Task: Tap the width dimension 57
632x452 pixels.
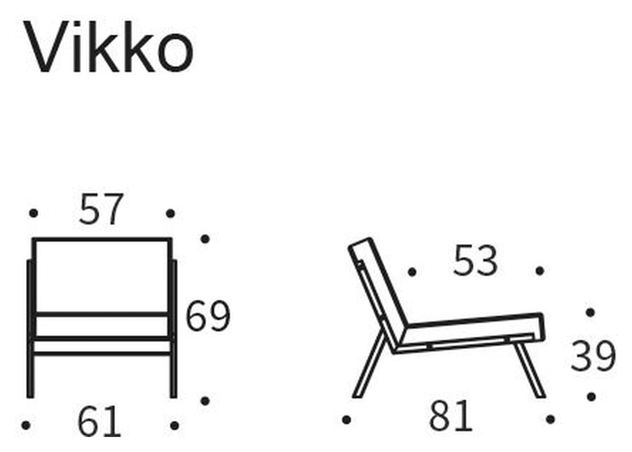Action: pyautogui.click(x=102, y=210)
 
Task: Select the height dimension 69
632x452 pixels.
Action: pyautogui.click(x=208, y=316)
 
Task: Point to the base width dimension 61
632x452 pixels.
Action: pyautogui.click(x=99, y=422)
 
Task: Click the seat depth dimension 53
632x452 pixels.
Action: pyautogui.click(x=475, y=261)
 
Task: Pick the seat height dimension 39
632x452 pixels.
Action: pyautogui.click(x=593, y=356)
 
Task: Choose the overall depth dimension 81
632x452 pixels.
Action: pyautogui.click(x=450, y=417)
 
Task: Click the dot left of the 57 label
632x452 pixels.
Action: pyautogui.click(x=33, y=213)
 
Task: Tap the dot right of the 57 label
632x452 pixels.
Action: pyautogui.click(x=170, y=213)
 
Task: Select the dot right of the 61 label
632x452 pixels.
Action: pyautogui.click(x=174, y=425)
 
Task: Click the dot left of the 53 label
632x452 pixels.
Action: pyautogui.click(x=412, y=272)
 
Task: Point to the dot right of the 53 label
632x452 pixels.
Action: pyautogui.click(x=540, y=271)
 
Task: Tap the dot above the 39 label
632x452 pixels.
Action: pyautogui.click(x=590, y=312)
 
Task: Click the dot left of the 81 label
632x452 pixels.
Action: pyautogui.click(x=347, y=419)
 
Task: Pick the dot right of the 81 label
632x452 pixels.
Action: pyautogui.click(x=550, y=419)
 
